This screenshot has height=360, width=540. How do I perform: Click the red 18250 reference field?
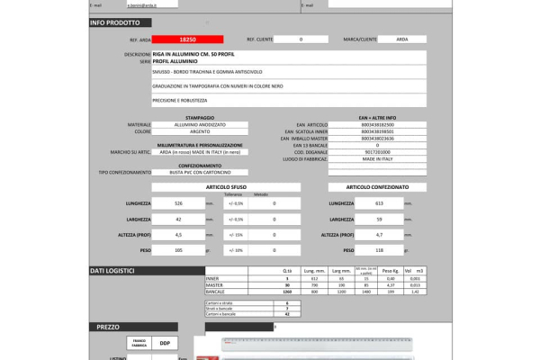[187, 40]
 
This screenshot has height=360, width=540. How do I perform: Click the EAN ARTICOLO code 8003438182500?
[377, 124]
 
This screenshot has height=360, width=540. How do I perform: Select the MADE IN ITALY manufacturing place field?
[377, 158]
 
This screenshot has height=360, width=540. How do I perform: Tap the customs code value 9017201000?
[377, 151]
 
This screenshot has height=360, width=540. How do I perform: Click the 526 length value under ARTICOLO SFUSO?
[178, 203]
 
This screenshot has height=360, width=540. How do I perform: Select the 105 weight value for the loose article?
[178, 249]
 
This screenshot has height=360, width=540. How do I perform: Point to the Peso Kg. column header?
[390, 271]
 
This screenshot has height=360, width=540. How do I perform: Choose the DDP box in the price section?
[165, 343]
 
